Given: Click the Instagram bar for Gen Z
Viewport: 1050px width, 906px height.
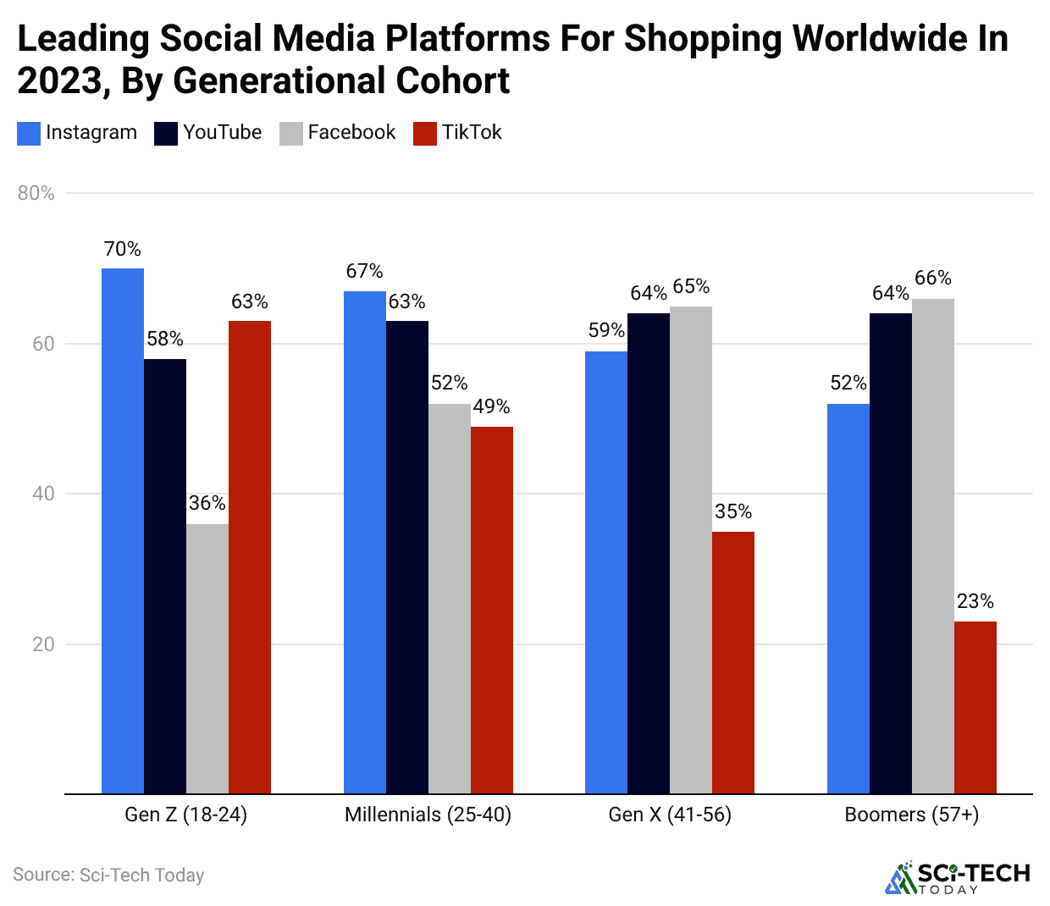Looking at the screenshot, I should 123,531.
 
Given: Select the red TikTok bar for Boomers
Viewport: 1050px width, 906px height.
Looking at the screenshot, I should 975,708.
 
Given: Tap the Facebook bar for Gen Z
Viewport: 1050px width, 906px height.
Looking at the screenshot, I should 207,659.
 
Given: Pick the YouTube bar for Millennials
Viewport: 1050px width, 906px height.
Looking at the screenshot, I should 407,557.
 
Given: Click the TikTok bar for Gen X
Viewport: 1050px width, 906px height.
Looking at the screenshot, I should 733,663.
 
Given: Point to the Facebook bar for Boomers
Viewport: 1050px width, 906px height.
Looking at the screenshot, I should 933,546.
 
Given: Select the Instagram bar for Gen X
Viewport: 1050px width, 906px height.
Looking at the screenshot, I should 606,572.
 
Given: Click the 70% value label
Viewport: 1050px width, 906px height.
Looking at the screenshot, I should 123,249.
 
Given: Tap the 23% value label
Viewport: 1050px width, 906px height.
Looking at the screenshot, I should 975,601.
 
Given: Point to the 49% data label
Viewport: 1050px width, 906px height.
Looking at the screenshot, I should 491,406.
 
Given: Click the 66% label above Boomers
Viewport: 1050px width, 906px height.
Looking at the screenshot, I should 933,278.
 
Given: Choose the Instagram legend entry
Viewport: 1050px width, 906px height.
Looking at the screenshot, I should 78,133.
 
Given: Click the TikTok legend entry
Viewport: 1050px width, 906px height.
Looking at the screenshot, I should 458,133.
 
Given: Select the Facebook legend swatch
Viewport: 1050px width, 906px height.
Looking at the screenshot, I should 291,134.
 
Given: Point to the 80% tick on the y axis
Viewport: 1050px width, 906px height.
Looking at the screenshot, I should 36,193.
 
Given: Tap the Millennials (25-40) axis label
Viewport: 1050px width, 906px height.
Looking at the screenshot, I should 428,815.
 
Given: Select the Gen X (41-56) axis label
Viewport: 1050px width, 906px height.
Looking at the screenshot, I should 670,815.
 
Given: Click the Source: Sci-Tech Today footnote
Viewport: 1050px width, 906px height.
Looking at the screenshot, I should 108,875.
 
